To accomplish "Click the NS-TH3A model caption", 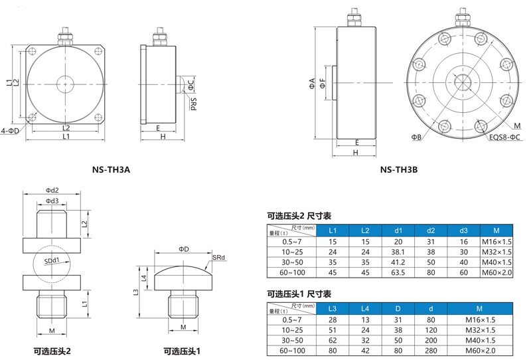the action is [x=111, y=169].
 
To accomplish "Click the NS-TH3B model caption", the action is [x=399, y=169].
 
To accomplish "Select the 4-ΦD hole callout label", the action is [x=10, y=130].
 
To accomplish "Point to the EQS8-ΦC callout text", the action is [x=504, y=137].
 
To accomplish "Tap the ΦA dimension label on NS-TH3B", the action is [x=312, y=84].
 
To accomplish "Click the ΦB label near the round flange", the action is [x=416, y=137].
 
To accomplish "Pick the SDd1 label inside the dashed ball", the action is [x=52, y=260].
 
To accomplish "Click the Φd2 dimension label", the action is [x=52, y=190].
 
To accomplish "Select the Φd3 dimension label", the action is [x=52, y=201].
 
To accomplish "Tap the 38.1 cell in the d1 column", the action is [x=398, y=252].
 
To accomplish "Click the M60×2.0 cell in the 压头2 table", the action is [x=496, y=272].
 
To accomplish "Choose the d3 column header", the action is [x=463, y=230].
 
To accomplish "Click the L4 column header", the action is [x=365, y=308].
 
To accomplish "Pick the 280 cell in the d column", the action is [x=431, y=351].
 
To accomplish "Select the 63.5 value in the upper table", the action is [x=398, y=272].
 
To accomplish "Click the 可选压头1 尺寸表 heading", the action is [x=299, y=294].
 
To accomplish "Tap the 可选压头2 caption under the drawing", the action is [x=52, y=351].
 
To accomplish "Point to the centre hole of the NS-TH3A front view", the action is [x=65, y=84].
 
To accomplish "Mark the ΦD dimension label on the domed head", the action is [x=184, y=249].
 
